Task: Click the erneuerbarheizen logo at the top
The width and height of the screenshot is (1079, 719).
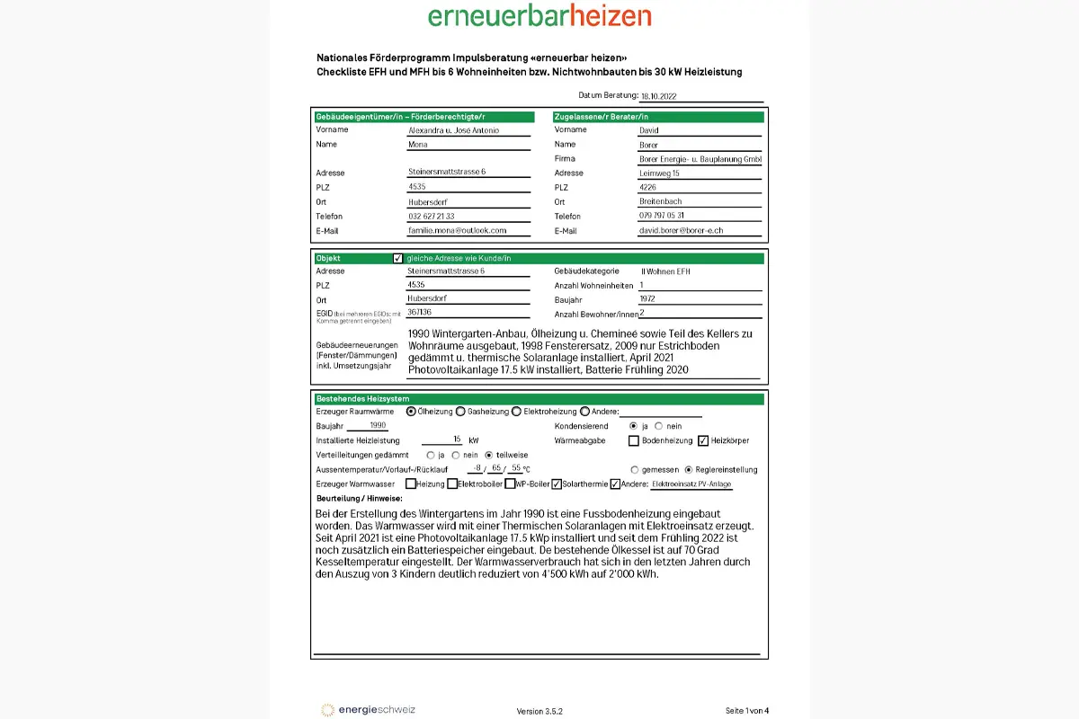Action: [x=539, y=15]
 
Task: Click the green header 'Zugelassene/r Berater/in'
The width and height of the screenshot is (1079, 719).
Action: [x=658, y=117]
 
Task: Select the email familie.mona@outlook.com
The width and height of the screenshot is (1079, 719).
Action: [x=458, y=231]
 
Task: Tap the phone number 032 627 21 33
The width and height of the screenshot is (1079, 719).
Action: [x=432, y=217]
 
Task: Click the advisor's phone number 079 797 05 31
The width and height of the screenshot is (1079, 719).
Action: [x=662, y=216]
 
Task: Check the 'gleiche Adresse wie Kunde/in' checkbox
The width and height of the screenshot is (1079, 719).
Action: [x=398, y=258]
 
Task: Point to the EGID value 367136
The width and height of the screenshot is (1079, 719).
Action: [x=418, y=313]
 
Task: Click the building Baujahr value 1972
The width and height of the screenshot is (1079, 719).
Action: [x=648, y=299]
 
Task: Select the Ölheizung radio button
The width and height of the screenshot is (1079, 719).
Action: [x=411, y=412]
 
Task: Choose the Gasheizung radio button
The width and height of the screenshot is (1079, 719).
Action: [x=460, y=412]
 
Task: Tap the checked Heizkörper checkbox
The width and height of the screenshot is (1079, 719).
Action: [x=703, y=440]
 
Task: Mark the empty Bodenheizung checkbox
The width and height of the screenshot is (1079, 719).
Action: [x=634, y=440]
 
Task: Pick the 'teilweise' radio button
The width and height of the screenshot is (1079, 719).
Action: [x=489, y=455]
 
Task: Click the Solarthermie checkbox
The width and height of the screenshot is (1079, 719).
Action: [x=557, y=484]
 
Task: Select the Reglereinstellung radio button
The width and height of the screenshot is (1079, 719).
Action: [x=689, y=469]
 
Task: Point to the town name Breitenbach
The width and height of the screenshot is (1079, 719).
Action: [x=660, y=201]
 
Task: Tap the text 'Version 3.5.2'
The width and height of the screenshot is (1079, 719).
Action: [x=539, y=711]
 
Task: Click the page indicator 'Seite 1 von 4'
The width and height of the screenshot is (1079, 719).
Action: [x=747, y=711]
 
